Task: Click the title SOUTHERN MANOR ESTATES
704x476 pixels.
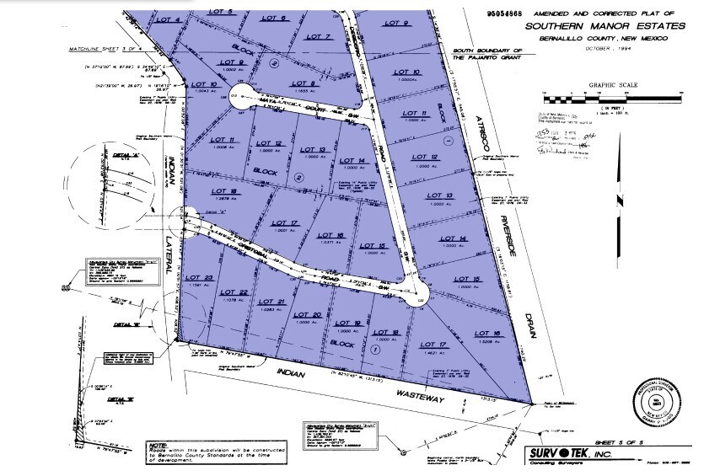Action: [x=597, y=25]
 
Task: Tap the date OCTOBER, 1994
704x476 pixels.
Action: [x=597, y=49]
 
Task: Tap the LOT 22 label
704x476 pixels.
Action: [x=239, y=291]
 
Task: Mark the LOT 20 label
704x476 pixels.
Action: [x=312, y=314]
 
